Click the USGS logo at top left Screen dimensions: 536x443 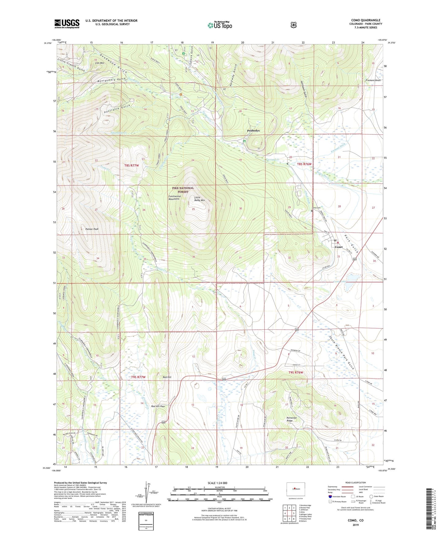pos(67,24)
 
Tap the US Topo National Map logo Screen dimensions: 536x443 pos(220,25)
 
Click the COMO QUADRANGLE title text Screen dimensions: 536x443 pos(366,20)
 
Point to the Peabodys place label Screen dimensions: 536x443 pos(253,130)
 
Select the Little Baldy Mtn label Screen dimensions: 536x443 pos(199,199)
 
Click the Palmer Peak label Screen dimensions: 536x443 pos(92,229)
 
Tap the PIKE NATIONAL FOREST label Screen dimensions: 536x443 pos(183,190)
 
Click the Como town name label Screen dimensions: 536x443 pos(338,247)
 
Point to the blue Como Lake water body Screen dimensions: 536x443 pos(349,286)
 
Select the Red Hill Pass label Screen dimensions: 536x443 pos(158,406)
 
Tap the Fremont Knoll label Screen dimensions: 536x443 pos(373,80)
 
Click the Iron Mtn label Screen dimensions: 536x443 pos(99,63)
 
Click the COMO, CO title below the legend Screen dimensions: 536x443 pos(355,521)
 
